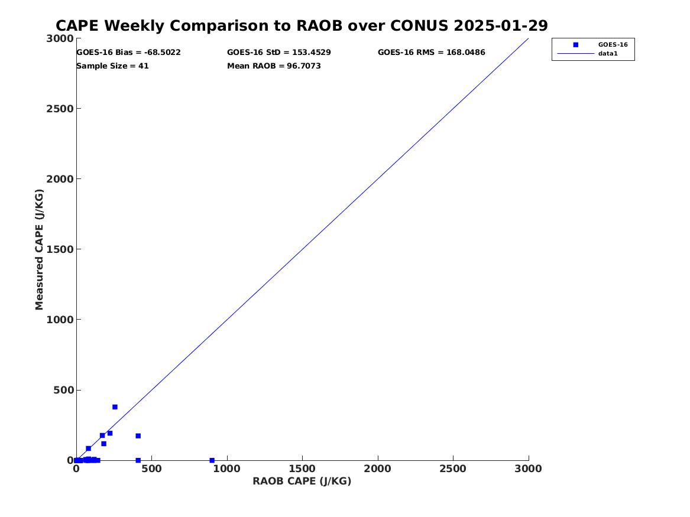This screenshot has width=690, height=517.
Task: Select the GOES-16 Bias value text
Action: click(128, 53)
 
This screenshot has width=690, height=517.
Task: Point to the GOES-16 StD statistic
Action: click(279, 53)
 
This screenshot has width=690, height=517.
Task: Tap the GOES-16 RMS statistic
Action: click(432, 53)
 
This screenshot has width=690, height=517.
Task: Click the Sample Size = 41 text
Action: click(112, 66)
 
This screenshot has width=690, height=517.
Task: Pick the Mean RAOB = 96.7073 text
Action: click(274, 66)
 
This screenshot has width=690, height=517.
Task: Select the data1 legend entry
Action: click(608, 54)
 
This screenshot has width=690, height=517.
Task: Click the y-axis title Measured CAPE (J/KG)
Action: click(40, 249)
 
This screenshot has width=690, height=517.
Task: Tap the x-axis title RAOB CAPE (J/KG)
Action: click(302, 481)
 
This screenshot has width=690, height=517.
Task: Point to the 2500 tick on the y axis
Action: click(60, 109)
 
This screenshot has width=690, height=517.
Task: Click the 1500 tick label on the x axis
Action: click(302, 469)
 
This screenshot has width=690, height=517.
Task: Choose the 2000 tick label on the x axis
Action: click(378, 469)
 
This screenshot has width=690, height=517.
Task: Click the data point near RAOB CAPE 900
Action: click(212, 460)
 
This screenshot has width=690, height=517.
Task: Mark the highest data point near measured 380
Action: click(115, 407)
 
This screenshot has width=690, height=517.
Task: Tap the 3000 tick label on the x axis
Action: click(529, 469)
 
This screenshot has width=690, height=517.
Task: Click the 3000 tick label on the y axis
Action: click(60, 38)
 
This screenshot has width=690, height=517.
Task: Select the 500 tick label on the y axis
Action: click(63, 390)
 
